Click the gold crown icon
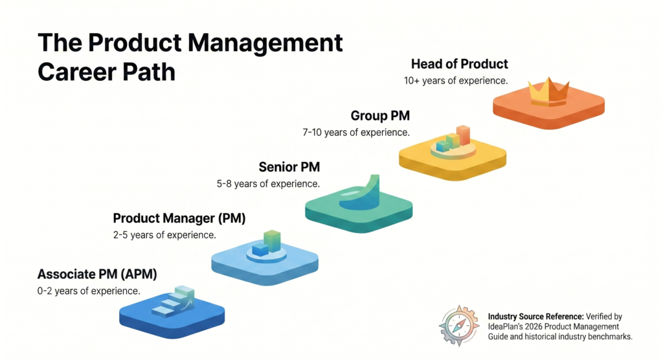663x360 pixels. point(548,92)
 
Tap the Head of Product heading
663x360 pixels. point(459,64)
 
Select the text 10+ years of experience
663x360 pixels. point(455,81)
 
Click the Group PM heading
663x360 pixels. point(380,116)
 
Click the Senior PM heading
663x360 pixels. point(289,167)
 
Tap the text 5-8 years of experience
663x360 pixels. point(268,183)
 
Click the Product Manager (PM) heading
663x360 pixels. point(179,218)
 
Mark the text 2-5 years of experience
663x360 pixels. point(164,234)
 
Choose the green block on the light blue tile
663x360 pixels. point(272,241)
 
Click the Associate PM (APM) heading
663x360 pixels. point(97,274)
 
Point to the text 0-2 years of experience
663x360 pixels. point(89,291)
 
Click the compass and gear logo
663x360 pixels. point(459,326)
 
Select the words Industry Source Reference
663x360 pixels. point(535,317)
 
